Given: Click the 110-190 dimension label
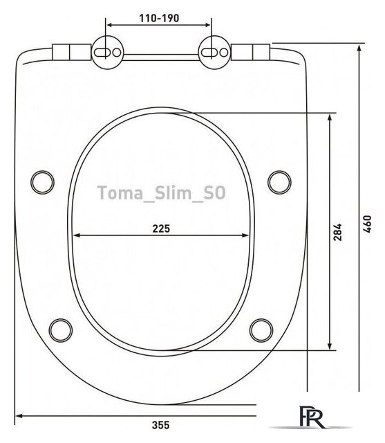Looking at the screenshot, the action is pyautogui.click(x=159, y=19).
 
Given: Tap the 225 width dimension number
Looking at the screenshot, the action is pyautogui.click(x=161, y=228).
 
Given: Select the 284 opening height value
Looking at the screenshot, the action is pyautogui.click(x=337, y=232).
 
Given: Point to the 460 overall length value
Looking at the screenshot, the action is pyautogui.click(x=367, y=224).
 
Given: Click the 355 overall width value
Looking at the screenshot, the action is pyautogui.click(x=161, y=424).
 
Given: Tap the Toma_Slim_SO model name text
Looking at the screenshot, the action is pyautogui.click(x=161, y=192).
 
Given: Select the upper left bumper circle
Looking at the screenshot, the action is pyautogui.click(x=42, y=182).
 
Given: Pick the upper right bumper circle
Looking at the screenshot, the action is pyautogui.click(x=279, y=182).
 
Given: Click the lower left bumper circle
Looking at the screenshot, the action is pyautogui.click(x=61, y=330).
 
